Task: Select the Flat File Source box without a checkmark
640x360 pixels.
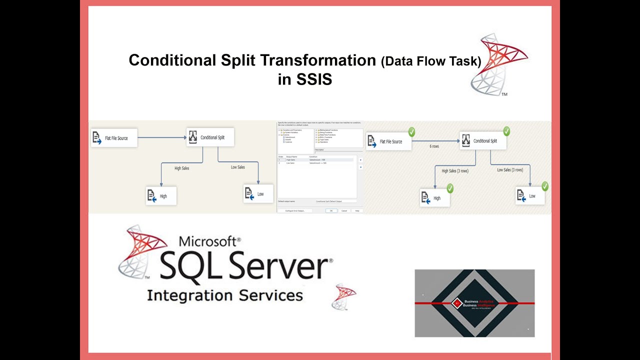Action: tap(114, 138)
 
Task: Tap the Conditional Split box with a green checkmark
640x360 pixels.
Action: tap(482, 141)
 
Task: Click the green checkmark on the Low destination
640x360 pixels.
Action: tap(544, 186)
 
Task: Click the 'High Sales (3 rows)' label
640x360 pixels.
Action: tap(455, 171)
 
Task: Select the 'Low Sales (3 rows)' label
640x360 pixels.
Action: tap(510, 170)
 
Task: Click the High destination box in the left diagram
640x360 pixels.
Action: tap(161, 196)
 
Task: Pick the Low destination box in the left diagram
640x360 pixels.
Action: tap(258, 194)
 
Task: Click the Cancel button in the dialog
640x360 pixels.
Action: tap(344, 211)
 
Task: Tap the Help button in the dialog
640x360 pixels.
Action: tap(357, 211)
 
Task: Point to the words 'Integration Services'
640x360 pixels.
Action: tap(225, 295)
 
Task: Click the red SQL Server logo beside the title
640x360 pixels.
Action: tap(497, 64)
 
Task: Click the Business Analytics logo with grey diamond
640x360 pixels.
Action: tap(474, 303)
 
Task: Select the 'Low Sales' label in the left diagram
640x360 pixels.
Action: tap(238, 167)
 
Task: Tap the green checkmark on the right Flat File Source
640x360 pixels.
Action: tap(411, 132)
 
